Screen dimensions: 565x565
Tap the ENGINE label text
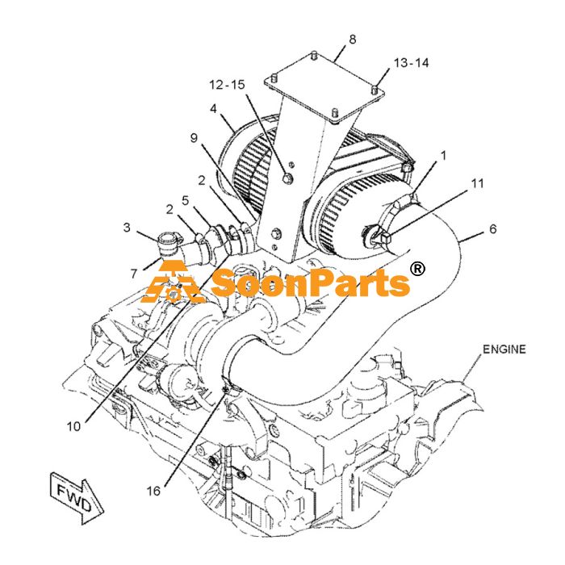pos(504,349)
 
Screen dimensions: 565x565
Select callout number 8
pos(353,40)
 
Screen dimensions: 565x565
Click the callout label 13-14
pos(411,63)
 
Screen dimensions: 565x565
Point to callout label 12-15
pos(227,85)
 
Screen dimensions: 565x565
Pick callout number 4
pos(214,108)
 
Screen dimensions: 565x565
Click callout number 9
pos(195,137)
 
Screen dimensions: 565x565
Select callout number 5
pos(185,200)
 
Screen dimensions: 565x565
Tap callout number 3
pos(127,228)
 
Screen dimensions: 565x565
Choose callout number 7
pos(134,274)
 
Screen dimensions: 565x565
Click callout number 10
pos(74,427)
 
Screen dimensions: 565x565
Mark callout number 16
pos(153,491)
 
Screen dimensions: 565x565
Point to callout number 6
pos(493,228)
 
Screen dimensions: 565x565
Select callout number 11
pos(478,183)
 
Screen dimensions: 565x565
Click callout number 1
pos(443,155)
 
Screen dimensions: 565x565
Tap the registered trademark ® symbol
pos(417,269)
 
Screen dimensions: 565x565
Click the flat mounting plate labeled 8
pos(324,87)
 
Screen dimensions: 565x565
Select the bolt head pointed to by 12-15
pos(287,178)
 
